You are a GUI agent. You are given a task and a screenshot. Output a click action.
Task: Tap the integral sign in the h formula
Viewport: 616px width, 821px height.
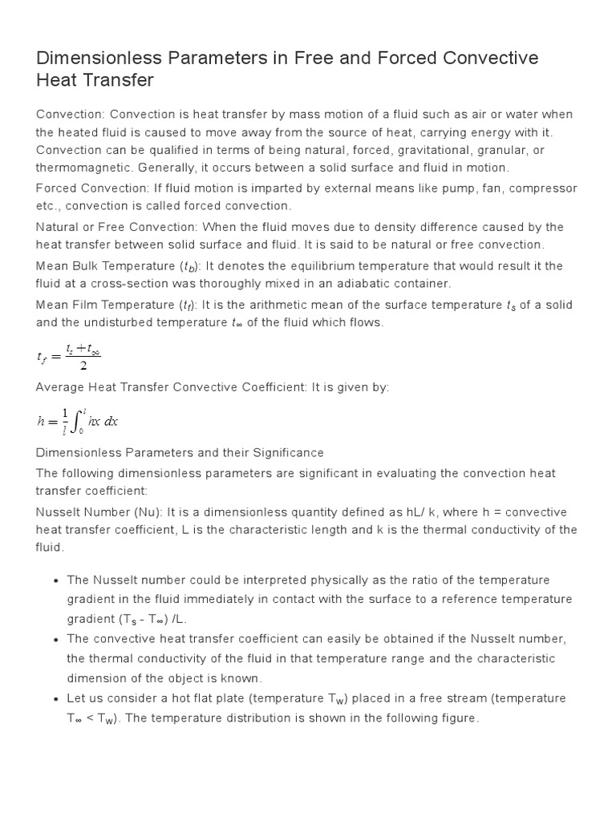pos(73,420)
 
